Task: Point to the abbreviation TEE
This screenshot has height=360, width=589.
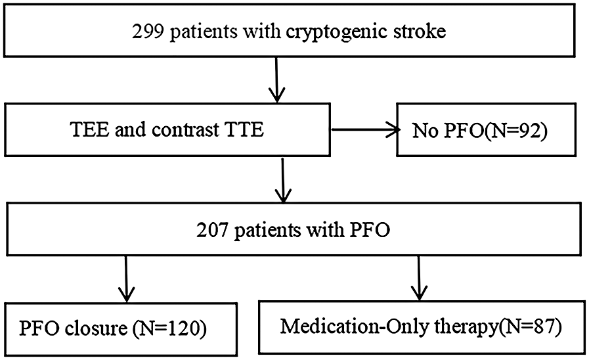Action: click(x=87, y=129)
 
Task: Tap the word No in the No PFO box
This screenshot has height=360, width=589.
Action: click(x=424, y=131)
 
